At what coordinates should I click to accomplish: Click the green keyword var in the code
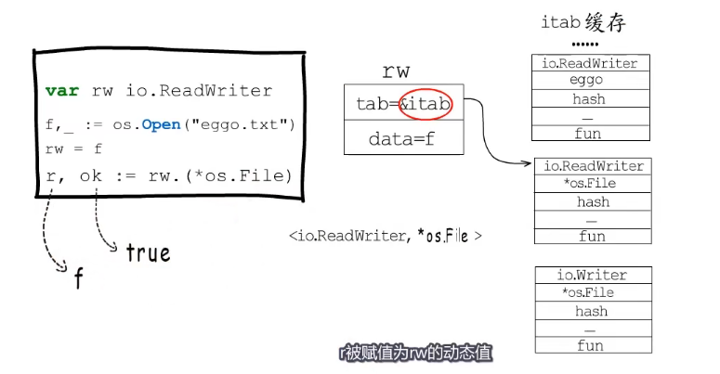tap(62, 90)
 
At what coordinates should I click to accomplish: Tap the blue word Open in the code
tap(161, 124)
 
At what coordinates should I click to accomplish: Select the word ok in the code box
tap(90, 175)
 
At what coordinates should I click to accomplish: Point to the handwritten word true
tap(149, 252)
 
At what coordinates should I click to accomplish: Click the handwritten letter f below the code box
tap(79, 277)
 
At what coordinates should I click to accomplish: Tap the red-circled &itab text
tap(425, 104)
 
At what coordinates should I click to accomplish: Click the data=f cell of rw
tap(403, 137)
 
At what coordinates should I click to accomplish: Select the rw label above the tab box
tap(396, 71)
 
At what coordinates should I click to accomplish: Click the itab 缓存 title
tap(583, 22)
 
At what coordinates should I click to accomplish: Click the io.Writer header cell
tap(594, 276)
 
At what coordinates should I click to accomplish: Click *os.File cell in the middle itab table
tap(593, 184)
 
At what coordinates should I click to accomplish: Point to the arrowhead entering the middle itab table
tap(529, 163)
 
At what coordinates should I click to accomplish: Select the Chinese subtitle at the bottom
tap(416, 353)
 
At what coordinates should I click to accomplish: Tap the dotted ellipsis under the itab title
tap(585, 44)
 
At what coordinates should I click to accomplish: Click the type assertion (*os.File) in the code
tap(239, 175)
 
